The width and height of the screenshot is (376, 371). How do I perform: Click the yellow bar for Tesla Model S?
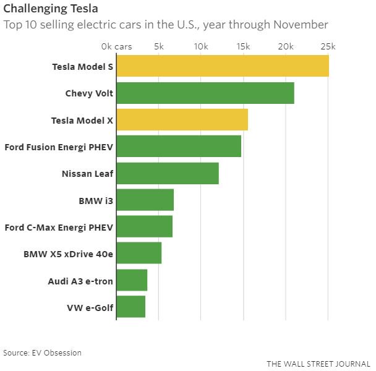tap(222, 66)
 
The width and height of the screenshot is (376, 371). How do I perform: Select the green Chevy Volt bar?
tap(205, 93)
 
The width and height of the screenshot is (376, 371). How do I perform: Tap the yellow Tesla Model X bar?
tap(182, 119)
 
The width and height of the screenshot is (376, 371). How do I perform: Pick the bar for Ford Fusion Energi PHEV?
tap(178, 146)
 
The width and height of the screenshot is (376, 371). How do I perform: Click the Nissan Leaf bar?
tap(167, 173)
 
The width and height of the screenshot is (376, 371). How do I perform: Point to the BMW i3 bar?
tap(145, 200)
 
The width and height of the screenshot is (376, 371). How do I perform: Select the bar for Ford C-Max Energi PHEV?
tap(144, 226)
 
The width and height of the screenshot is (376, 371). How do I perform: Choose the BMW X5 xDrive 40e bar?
tap(139, 253)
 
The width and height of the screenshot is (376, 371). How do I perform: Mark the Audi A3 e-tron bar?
tap(132, 279)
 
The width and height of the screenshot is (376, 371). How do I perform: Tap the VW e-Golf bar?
tap(130, 306)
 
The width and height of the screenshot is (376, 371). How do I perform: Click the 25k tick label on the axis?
tap(327, 46)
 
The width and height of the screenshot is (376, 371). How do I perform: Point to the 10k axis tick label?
tap(200, 46)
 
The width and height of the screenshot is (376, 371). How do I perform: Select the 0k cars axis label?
tap(116, 46)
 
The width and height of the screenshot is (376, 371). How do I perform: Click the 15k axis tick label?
tap(243, 46)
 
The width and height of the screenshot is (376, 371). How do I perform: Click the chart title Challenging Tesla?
tap(51, 9)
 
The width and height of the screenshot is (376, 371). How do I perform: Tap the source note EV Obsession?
tap(42, 352)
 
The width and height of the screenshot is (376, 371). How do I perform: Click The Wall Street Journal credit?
tap(318, 364)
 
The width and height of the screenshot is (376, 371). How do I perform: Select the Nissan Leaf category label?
tap(87, 174)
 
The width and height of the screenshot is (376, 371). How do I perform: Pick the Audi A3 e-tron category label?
tap(80, 280)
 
